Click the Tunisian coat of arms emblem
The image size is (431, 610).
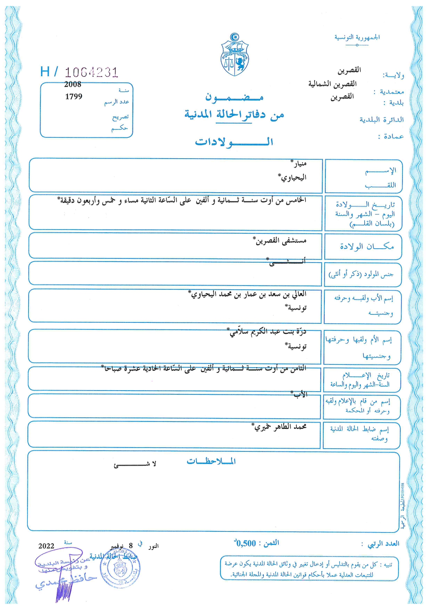point(235,55)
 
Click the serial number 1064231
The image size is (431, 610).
point(91,72)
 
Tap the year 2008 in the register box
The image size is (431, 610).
point(73,84)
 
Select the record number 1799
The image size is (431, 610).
point(74,97)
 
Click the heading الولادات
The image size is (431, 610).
point(234,142)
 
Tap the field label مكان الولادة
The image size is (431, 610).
point(367,247)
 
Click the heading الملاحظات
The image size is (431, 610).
point(211,461)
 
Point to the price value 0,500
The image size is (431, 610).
point(246,543)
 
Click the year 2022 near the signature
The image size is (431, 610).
point(46,546)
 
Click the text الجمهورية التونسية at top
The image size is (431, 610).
point(357,37)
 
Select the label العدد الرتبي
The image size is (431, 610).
point(383,544)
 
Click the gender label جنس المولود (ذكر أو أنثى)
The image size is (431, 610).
point(361,275)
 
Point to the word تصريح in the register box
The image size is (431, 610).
point(120,117)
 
